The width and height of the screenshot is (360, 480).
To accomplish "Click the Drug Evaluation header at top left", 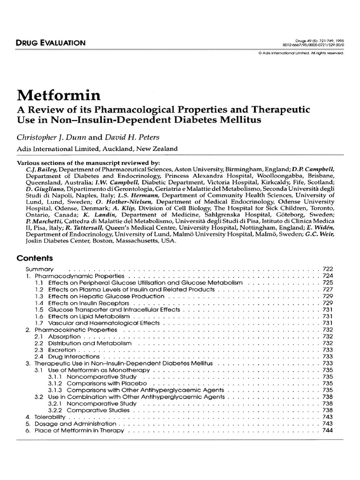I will [51, 43].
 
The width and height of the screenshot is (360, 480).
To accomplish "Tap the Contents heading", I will [35, 258].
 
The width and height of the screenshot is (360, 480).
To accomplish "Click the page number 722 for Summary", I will [327, 269].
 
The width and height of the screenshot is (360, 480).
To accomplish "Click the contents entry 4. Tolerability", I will [47, 417].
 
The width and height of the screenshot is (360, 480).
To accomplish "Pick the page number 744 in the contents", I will [327, 430].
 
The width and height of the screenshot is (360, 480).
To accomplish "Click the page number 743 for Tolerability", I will [327, 417].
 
